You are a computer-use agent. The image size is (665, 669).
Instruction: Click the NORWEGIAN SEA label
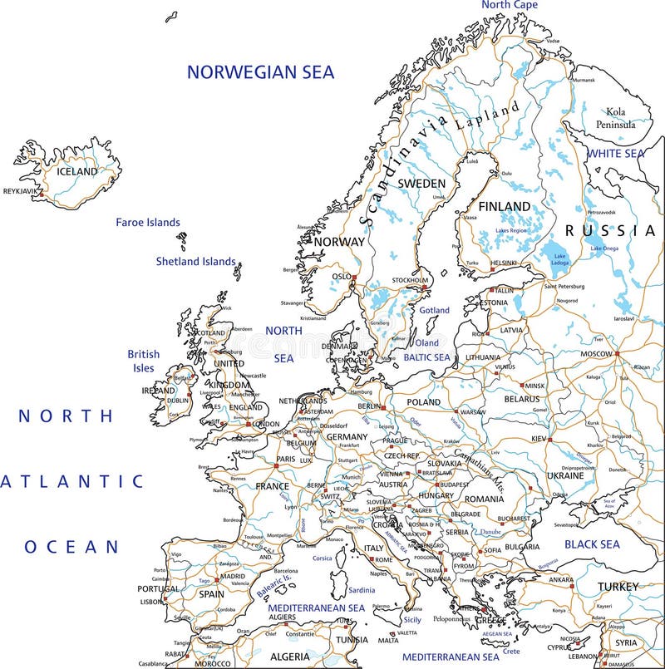tap(260, 72)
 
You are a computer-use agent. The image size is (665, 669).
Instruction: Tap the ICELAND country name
tap(76, 172)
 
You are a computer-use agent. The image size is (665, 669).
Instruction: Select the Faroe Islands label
tap(147, 223)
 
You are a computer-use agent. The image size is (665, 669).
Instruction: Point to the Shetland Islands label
tap(196, 261)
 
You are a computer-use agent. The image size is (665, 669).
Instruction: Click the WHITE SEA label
tap(616, 154)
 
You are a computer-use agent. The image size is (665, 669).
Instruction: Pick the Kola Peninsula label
tap(615, 118)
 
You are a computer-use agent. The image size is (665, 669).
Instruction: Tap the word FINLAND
tap(505, 206)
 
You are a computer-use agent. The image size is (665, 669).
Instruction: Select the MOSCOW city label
tap(596, 354)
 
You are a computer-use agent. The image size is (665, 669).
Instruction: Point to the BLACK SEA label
tap(592, 544)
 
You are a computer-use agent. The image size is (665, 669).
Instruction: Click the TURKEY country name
tap(618, 587)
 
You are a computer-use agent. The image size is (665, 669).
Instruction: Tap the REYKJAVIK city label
tap(22, 191)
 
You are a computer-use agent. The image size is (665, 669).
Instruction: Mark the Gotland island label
tap(433, 310)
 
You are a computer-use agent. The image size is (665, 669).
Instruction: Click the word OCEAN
tap(71, 547)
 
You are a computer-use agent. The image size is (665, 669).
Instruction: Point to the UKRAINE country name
tap(565, 476)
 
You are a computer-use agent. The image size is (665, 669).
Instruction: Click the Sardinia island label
tap(361, 590)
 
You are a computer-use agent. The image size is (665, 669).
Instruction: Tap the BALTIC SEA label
tap(426, 357)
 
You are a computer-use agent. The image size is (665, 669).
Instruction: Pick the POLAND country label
tap(423, 402)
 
